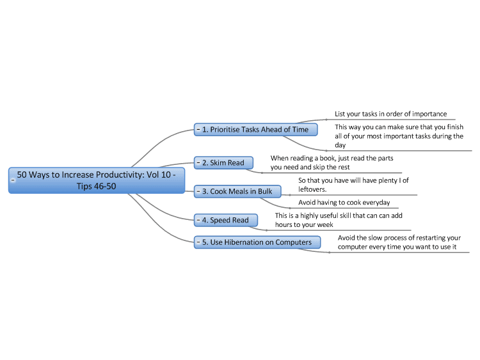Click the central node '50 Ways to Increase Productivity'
click(x=97, y=180)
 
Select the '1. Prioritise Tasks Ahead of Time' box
click(x=255, y=129)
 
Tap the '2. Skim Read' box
click(x=223, y=162)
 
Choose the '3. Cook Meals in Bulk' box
click(x=237, y=191)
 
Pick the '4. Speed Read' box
click(x=226, y=220)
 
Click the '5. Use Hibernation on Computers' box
click(x=257, y=242)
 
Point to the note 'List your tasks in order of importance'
click(x=390, y=114)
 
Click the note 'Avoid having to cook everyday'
click(x=344, y=202)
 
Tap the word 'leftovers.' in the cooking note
click(x=312, y=189)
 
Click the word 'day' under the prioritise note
click(x=340, y=145)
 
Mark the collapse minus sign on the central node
click(x=13, y=180)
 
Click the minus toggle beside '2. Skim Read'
click(x=198, y=162)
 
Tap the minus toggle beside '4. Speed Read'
click(x=198, y=220)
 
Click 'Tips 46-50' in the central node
click(x=97, y=186)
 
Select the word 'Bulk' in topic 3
click(x=265, y=191)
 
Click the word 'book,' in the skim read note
click(x=328, y=158)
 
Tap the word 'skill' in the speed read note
click(x=346, y=215)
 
